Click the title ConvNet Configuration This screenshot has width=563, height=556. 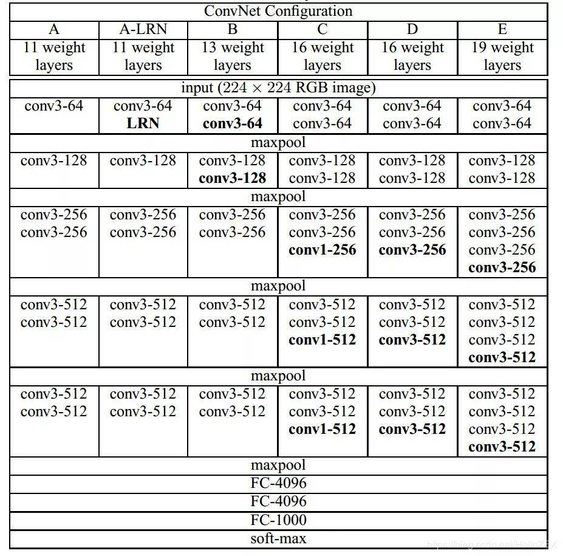click(278, 11)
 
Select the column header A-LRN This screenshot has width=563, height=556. click(143, 29)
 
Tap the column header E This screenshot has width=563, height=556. click(502, 29)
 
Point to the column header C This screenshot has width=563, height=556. click(322, 29)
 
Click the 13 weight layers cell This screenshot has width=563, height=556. click(233, 56)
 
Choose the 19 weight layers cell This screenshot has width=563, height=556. click(502, 56)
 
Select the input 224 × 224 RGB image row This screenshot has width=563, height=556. click(278, 88)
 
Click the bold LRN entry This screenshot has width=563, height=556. click(143, 123)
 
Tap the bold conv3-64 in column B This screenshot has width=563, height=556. click(233, 123)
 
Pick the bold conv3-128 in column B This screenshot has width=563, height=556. click(233, 178)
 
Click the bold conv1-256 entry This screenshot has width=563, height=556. click(322, 250)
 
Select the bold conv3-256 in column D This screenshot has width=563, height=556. click(412, 250)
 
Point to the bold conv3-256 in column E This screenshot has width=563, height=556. click(502, 267)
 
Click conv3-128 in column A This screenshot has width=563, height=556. click(53, 160)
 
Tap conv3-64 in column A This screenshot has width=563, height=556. click(53, 106)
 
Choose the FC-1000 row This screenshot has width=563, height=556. click(278, 520)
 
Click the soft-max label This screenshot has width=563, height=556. click(278, 538)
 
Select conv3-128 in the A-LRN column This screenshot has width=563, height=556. click(143, 160)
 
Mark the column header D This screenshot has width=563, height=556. click(412, 29)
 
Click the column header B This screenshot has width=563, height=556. click(233, 29)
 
